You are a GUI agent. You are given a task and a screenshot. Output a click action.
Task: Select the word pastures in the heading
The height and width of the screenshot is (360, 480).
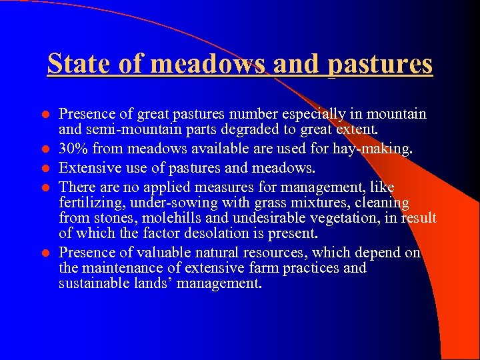pyautogui.click(x=380, y=64)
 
